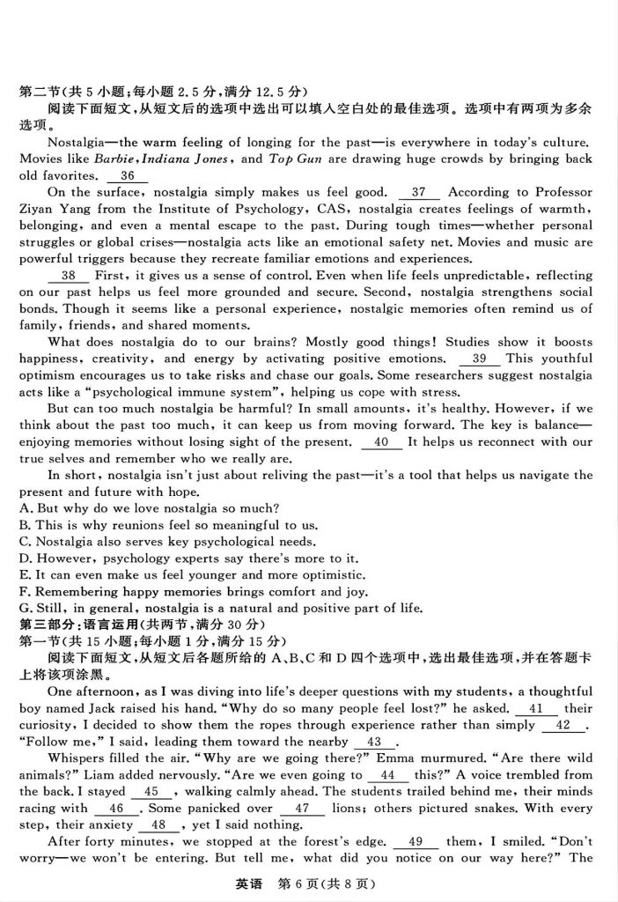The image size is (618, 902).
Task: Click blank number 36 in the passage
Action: point(127,175)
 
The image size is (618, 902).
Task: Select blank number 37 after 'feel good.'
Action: point(418,192)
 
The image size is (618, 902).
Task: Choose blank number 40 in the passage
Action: point(380,442)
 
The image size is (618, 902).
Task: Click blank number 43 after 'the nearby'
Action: point(373,742)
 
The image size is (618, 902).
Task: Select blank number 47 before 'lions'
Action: point(303,809)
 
